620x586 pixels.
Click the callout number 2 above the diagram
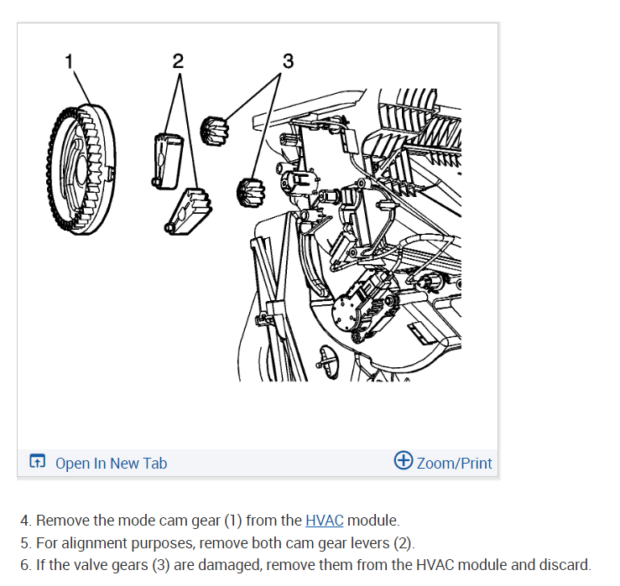[x=178, y=60]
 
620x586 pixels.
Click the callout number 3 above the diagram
[x=288, y=60]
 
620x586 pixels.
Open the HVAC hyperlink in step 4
[x=324, y=521]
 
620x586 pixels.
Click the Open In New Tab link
[x=111, y=463]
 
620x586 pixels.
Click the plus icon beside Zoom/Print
[x=404, y=461]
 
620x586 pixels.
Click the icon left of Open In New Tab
[x=37, y=462]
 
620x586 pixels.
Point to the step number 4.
[x=25, y=521]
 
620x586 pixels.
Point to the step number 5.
[x=25, y=542]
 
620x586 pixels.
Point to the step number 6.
[x=25, y=564]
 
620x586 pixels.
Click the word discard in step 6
[x=565, y=564]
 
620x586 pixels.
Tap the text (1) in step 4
[x=232, y=521]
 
